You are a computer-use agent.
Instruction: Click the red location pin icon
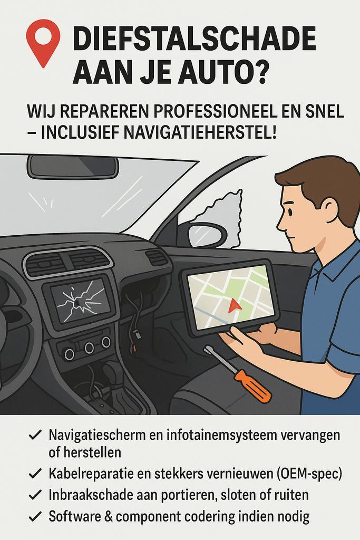click(x=43, y=41)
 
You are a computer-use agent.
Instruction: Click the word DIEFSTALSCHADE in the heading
click(x=194, y=40)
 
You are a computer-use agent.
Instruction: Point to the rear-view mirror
click(x=73, y=167)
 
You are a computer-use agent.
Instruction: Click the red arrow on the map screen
click(x=235, y=305)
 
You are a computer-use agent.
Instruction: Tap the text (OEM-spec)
click(x=309, y=474)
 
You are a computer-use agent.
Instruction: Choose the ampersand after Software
click(x=105, y=517)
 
